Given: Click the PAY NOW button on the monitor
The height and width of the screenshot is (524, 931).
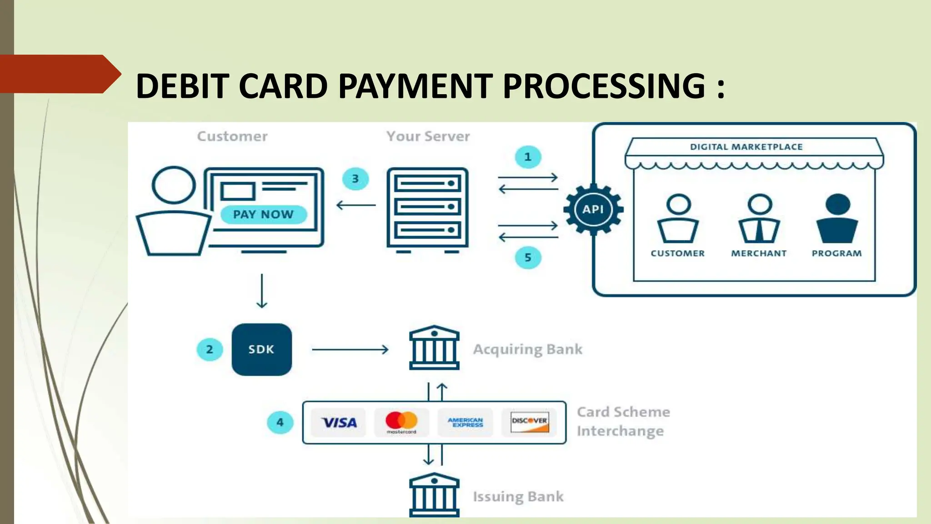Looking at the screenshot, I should (x=263, y=214).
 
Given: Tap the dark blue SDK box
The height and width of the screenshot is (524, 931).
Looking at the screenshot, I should (x=261, y=349).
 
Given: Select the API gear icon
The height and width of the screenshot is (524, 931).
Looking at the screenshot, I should (x=593, y=209).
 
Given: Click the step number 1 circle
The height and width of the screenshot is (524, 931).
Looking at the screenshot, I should (x=528, y=157).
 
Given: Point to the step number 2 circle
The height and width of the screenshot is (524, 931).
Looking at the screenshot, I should (x=210, y=349).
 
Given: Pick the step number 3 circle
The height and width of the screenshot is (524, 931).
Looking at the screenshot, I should (x=355, y=179).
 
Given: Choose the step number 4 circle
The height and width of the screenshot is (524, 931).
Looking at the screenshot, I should (x=280, y=423).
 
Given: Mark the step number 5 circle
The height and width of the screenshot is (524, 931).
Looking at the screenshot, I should (x=528, y=257).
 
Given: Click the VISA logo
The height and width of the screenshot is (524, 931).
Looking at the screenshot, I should (x=339, y=423).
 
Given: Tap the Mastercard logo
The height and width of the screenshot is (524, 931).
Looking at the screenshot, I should (x=401, y=422).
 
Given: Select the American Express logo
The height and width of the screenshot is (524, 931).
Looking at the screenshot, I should (x=465, y=423).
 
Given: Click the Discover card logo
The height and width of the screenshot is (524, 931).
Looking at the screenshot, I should (x=529, y=422).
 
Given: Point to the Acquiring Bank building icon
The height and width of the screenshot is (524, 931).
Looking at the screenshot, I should (x=434, y=348).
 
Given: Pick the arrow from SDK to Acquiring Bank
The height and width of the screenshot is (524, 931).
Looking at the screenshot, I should (x=350, y=349).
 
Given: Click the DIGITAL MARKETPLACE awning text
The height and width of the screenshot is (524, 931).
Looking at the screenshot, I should (x=746, y=147).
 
